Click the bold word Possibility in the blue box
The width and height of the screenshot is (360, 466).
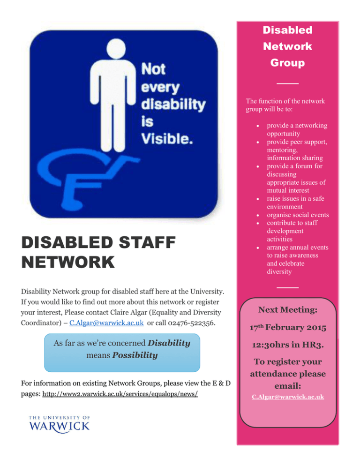point(135,355)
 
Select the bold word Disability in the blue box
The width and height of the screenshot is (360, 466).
point(166,343)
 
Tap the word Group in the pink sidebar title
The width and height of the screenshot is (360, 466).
point(287,63)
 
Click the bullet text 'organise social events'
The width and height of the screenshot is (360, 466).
point(297,215)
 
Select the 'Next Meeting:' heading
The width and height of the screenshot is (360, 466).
point(287,310)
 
